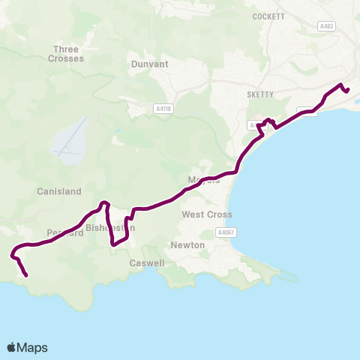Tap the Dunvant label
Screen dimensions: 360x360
pyautogui.click(x=149, y=64)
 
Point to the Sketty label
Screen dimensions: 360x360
pyautogui.click(x=259, y=94)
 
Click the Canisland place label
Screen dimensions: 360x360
pyautogui.click(x=58, y=192)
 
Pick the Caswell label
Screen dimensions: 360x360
pyautogui.click(x=145, y=263)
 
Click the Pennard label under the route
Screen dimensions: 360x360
pyautogui.click(x=64, y=232)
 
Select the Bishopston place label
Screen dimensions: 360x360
pyautogui.click(x=110, y=227)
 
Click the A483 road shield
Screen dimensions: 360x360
pyautogui.click(x=325, y=26)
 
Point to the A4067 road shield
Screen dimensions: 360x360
pyautogui.click(x=226, y=233)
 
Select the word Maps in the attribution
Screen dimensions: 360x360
pyautogui.click(x=32, y=347)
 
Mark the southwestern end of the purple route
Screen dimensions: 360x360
pyautogui.click(x=27, y=275)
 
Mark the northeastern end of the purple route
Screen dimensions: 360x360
pyautogui.click(x=348, y=91)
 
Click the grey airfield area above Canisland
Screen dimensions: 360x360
pyautogui.click(x=67, y=142)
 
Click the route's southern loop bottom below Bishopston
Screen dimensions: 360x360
pyautogui.click(x=113, y=244)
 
